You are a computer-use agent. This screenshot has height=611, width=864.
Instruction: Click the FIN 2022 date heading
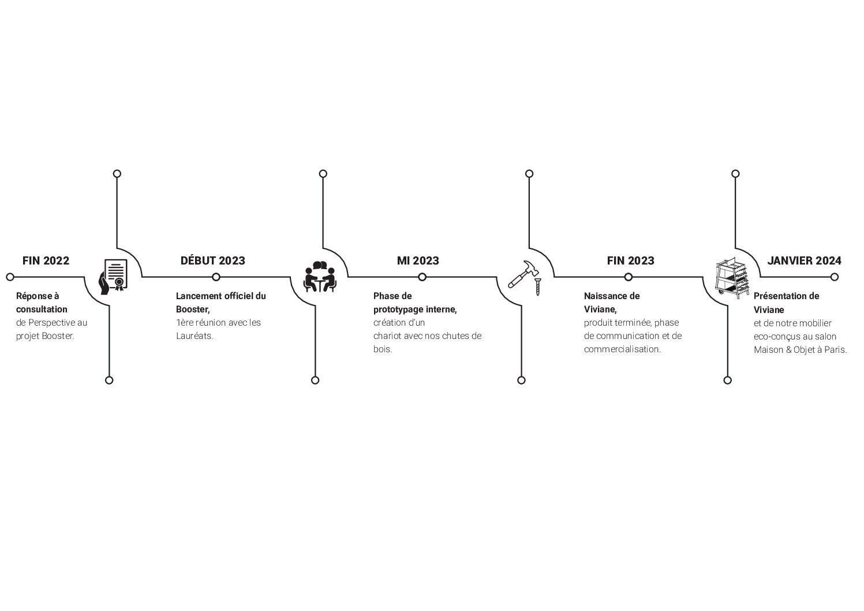pyautogui.click(x=46, y=261)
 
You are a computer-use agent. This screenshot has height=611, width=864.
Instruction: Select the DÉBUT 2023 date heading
pyautogui.click(x=213, y=261)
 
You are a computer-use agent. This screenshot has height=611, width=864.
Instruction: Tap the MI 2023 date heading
pyautogui.click(x=418, y=261)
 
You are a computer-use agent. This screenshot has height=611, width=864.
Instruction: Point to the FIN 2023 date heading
pyautogui.click(x=631, y=261)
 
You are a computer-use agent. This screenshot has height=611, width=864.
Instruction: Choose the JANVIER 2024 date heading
pyautogui.click(x=804, y=261)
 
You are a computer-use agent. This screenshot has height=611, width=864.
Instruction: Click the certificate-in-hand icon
pyautogui.click(x=113, y=277)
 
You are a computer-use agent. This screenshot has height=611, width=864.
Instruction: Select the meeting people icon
pyautogui.click(x=320, y=277)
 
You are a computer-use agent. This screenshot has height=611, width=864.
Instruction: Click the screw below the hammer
pyautogui.click(x=538, y=286)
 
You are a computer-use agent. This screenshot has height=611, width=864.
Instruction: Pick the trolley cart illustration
pyautogui.click(x=732, y=278)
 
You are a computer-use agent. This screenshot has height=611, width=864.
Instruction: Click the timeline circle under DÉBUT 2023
pyautogui.click(x=216, y=277)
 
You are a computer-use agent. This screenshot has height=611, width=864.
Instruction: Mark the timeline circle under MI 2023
pyautogui.click(x=422, y=277)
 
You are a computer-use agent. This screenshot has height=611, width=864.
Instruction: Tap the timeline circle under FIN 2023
pyautogui.click(x=629, y=277)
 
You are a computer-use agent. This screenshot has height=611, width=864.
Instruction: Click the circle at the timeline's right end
pyautogui.click(x=835, y=277)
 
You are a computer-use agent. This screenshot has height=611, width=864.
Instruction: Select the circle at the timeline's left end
pyautogui.click(x=10, y=277)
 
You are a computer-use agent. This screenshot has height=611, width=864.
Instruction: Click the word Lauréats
pyautogui.click(x=195, y=336)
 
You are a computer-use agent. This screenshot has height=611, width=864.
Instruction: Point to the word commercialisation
pyautogui.click(x=622, y=349)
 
